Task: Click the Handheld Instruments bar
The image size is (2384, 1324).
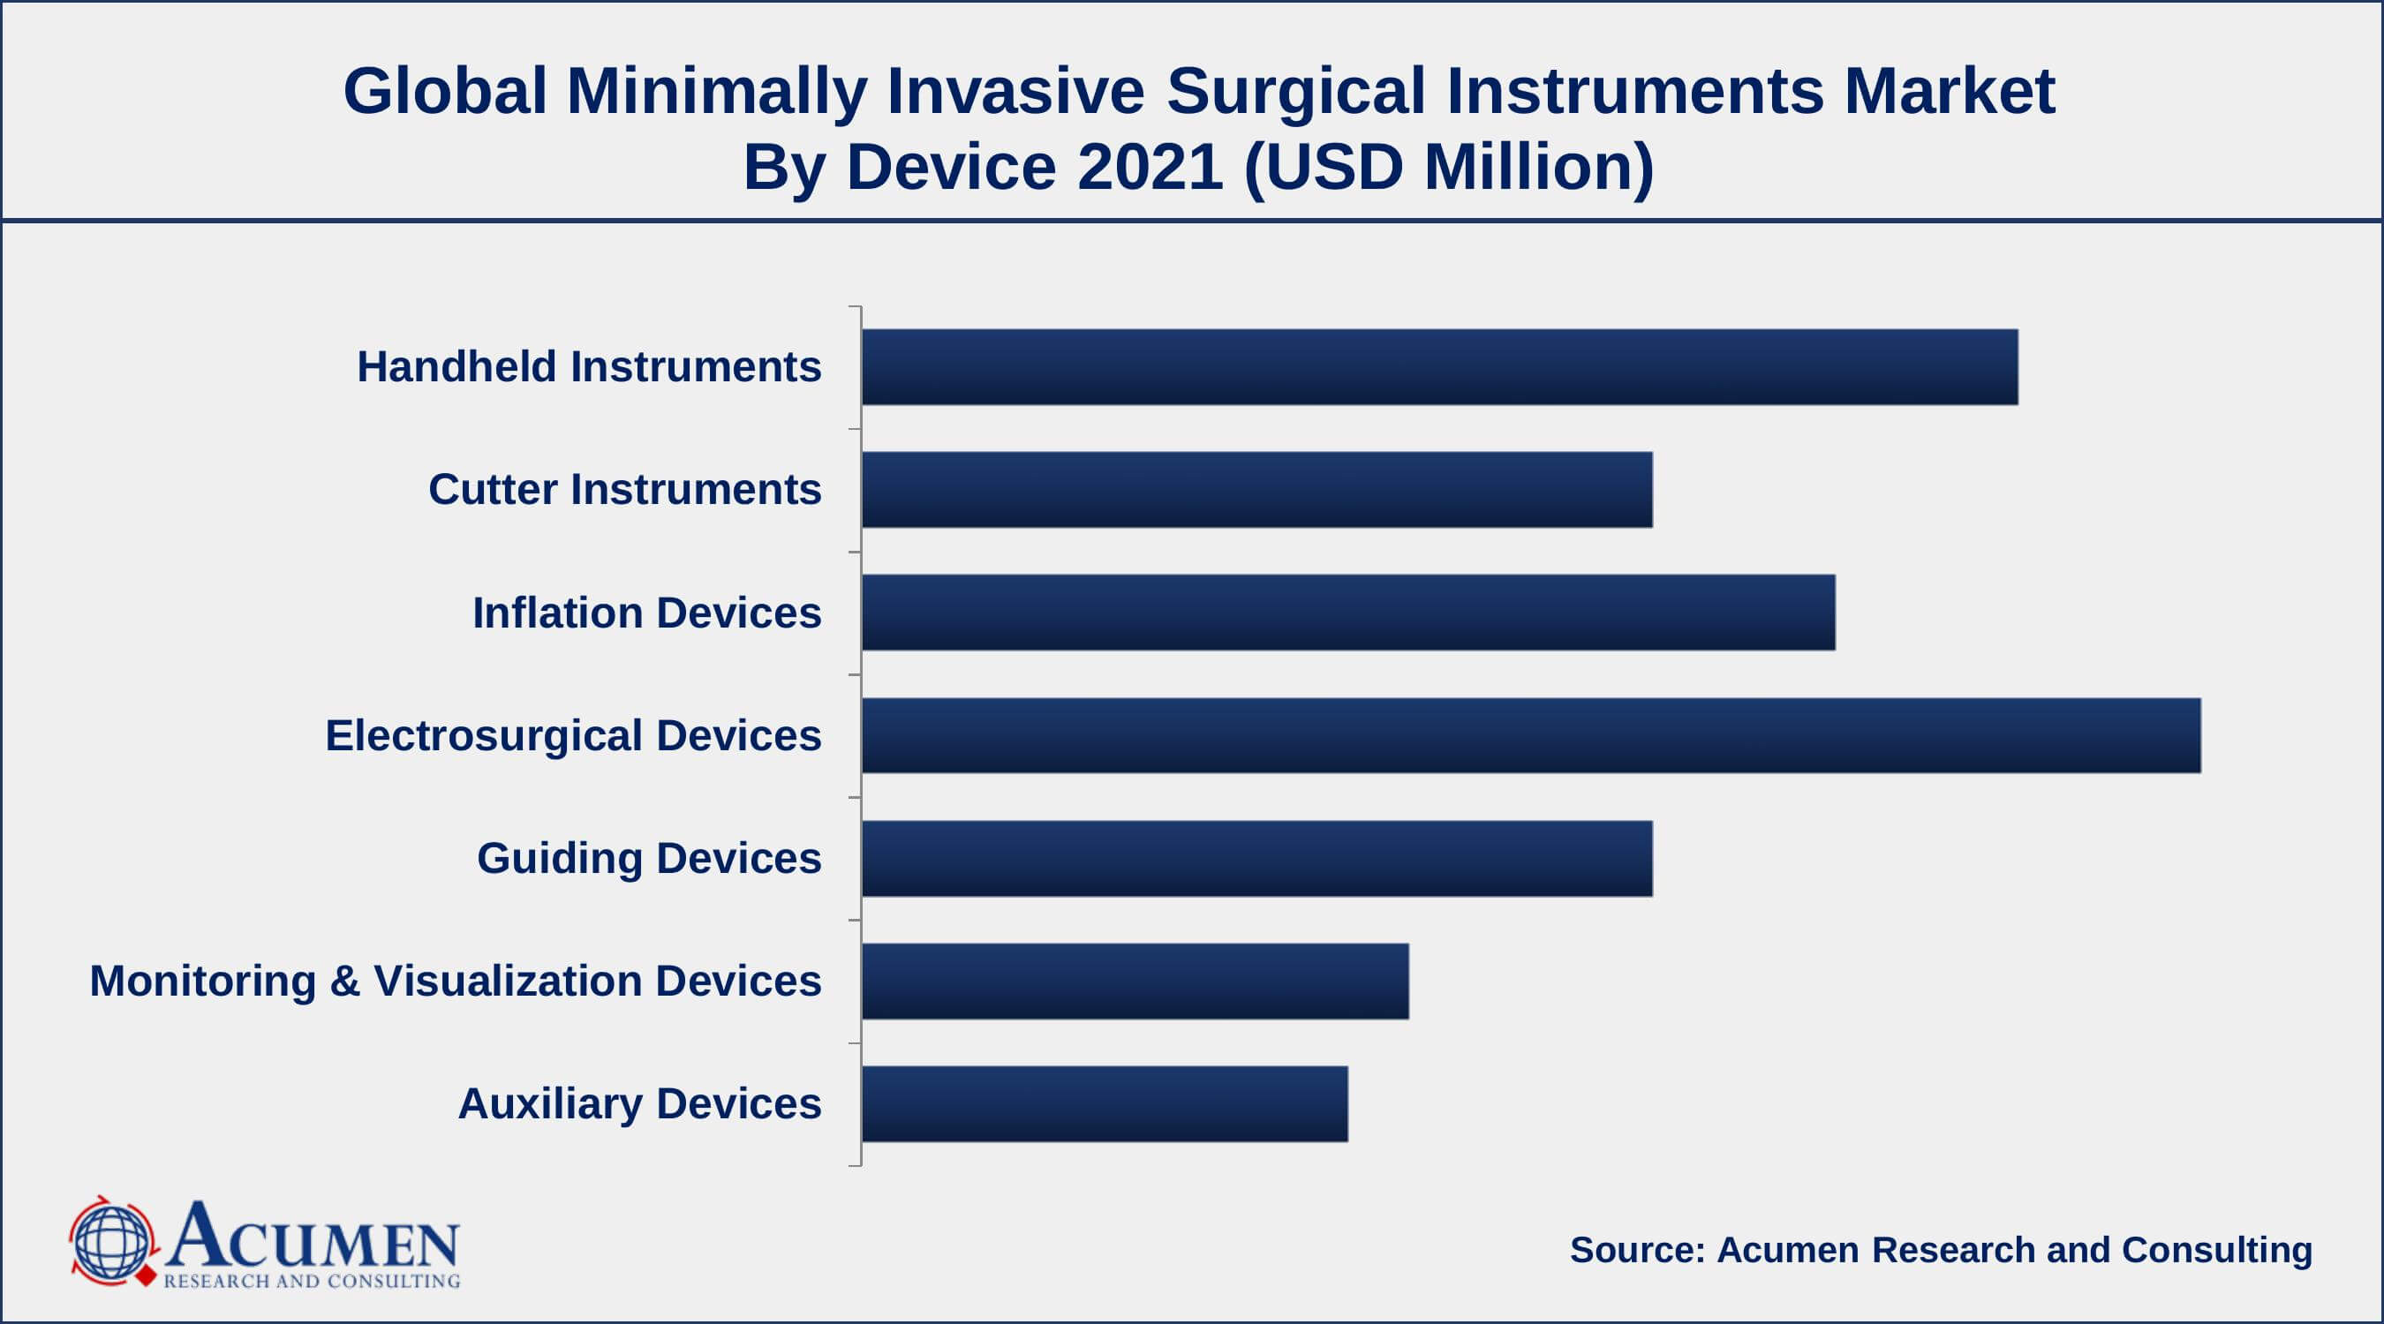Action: [1439, 366]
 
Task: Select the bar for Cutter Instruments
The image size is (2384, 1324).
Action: [1256, 490]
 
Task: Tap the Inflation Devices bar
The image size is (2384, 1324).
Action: [1347, 613]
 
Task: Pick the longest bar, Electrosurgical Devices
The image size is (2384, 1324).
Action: [1531, 735]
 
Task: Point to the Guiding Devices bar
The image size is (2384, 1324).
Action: [1256, 859]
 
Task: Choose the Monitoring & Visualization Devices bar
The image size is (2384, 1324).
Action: [1135, 982]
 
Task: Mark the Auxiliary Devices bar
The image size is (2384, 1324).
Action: [1104, 1104]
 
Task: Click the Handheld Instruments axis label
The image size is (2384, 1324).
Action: [589, 366]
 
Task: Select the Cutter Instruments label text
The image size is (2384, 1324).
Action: [624, 490]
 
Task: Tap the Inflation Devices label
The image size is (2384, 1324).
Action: [647, 613]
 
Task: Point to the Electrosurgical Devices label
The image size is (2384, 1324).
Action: [573, 735]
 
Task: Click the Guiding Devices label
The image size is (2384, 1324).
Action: [649, 859]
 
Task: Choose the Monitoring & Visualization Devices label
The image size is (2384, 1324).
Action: [456, 981]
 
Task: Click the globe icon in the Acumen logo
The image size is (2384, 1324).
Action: [111, 1242]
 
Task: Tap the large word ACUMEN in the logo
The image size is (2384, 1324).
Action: [313, 1236]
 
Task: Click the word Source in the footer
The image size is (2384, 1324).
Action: [1636, 1250]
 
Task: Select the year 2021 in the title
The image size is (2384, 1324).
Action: [1150, 168]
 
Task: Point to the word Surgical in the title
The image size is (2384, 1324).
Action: [1295, 92]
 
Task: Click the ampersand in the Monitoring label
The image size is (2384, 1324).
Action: [344, 981]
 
